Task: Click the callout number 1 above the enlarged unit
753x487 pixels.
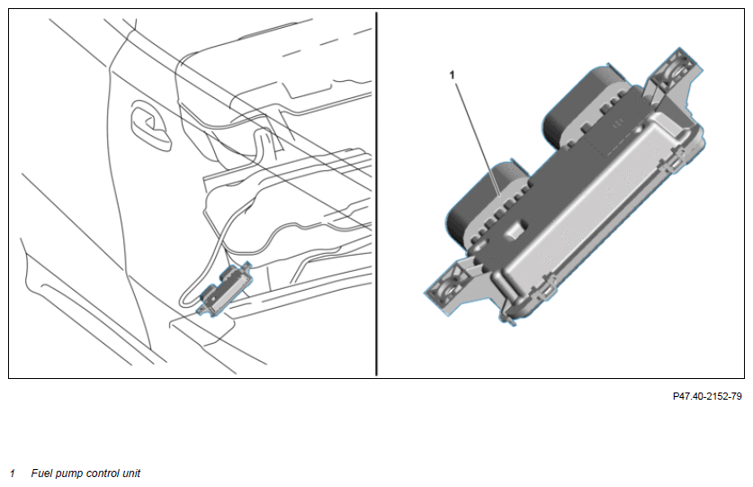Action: tap(452, 75)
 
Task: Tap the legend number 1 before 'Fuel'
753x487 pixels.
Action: tap(13, 473)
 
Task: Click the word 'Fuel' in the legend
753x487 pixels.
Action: tap(41, 473)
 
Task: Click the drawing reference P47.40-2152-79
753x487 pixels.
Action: tap(707, 396)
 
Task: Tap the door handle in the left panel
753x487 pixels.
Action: tap(151, 125)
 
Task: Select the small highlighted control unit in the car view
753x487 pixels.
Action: tap(226, 288)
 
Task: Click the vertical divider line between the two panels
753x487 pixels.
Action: tap(376, 194)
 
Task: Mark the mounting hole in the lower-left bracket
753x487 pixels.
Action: tap(450, 291)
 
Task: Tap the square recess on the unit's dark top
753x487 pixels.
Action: tap(515, 229)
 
